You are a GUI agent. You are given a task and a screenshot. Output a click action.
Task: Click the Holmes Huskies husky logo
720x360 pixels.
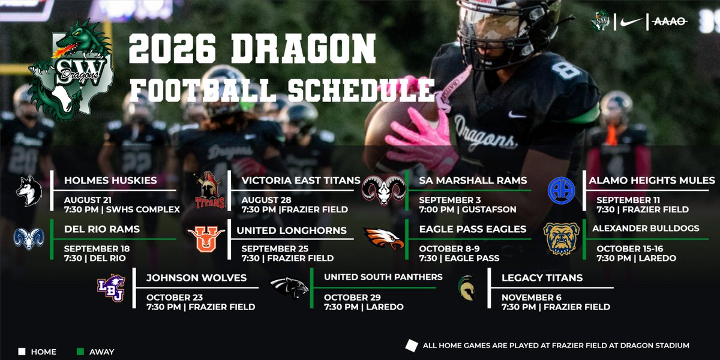tap(29, 191)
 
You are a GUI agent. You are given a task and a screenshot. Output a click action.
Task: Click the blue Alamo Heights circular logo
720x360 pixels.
tap(562, 190)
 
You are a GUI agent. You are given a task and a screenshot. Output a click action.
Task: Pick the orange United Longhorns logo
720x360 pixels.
tap(206, 238)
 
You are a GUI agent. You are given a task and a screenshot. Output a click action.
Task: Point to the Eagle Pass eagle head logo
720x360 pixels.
tap(384, 238)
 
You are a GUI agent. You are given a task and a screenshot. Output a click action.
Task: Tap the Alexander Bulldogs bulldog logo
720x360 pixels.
tap(562, 238)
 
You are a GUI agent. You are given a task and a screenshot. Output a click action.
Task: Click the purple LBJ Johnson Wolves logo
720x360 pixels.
tap(111, 287)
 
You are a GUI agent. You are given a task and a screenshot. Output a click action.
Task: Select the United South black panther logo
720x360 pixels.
tap(289, 288)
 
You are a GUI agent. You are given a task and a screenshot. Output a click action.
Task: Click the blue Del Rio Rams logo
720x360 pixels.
tap(29, 238)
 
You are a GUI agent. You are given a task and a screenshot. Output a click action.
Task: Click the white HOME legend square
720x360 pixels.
tap(22, 352)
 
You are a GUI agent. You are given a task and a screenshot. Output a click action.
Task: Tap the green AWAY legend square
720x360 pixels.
tap(80, 352)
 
